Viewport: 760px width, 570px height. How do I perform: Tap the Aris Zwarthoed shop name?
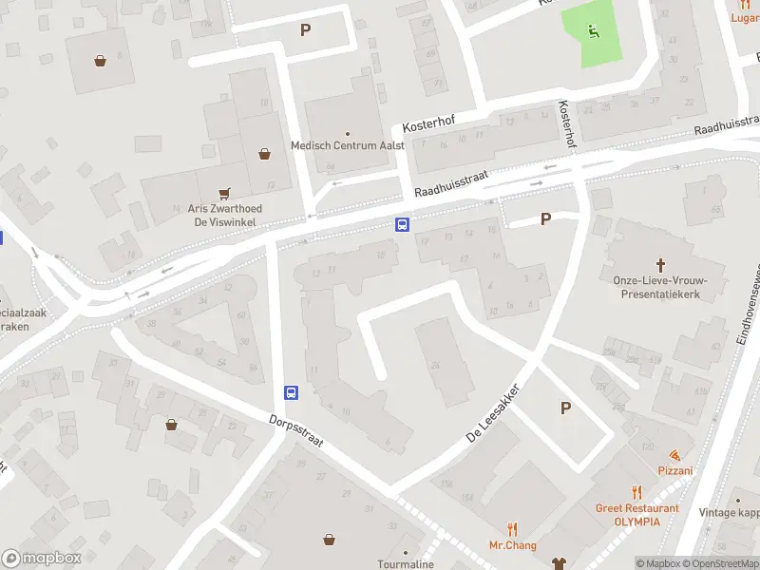click(x=225, y=209)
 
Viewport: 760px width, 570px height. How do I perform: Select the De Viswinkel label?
click(x=225, y=222)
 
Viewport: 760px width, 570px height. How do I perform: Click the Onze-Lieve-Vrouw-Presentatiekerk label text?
click(x=661, y=287)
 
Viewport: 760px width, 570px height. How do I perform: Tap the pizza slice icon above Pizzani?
click(x=674, y=456)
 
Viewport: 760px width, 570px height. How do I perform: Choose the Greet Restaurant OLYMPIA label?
click(x=637, y=515)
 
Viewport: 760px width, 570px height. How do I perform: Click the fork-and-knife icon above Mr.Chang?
click(x=513, y=529)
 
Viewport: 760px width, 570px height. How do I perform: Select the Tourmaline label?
click(x=406, y=564)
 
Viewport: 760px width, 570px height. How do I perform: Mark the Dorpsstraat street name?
click(x=295, y=433)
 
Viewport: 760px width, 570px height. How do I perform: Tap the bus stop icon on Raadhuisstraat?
click(x=403, y=225)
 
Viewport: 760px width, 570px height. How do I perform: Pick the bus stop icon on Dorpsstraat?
click(x=291, y=392)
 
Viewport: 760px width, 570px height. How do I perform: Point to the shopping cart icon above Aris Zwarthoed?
click(x=225, y=193)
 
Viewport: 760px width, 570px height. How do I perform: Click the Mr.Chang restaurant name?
click(x=513, y=545)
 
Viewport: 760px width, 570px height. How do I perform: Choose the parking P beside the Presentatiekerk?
click(x=545, y=218)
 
